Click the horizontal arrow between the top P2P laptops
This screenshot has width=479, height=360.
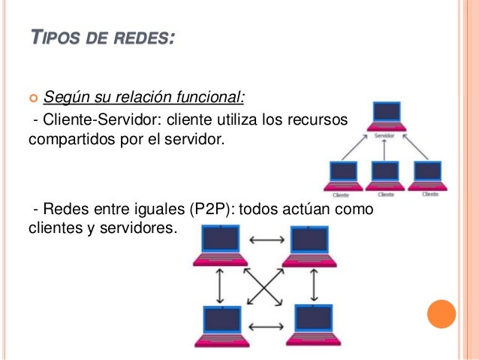(264, 241)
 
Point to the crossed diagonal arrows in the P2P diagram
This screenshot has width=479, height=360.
(264, 286)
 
